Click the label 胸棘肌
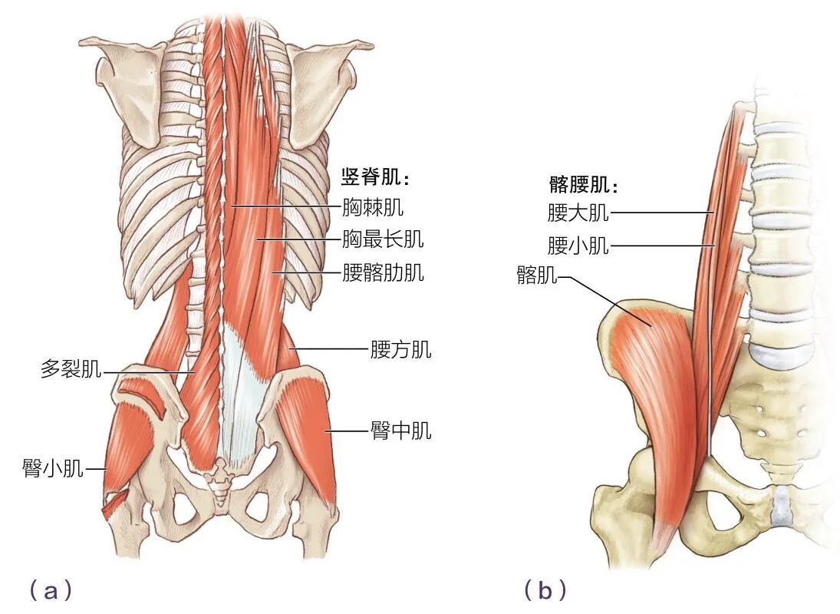373,206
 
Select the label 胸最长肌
383,239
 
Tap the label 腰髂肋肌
383,272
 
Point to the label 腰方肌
400,351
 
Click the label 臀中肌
400,431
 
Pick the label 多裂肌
71,371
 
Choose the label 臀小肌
53,467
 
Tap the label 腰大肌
578,212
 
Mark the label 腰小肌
578,246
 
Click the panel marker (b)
545,590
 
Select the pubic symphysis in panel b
780,503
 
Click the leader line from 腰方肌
330,350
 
